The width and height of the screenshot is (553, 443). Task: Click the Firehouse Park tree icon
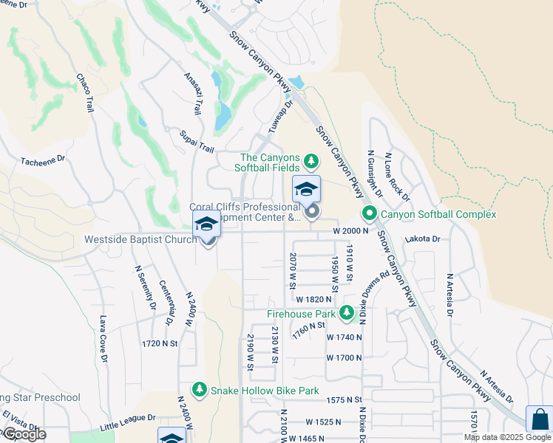coord(346,315)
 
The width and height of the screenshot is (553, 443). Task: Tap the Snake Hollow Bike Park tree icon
coord(200,389)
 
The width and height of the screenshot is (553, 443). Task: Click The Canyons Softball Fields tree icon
coord(311,160)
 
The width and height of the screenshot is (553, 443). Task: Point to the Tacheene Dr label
coord(44,159)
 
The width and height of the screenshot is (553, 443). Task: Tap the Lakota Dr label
coord(422,239)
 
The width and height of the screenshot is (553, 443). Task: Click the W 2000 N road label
coord(351,230)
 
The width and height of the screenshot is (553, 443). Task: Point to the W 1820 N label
coord(313,299)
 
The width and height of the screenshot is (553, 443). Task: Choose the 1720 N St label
coord(160,343)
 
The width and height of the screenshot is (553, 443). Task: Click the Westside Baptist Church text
coord(140,239)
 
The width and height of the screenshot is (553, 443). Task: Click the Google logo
coord(24,434)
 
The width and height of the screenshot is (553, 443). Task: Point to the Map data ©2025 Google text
coord(506,437)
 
